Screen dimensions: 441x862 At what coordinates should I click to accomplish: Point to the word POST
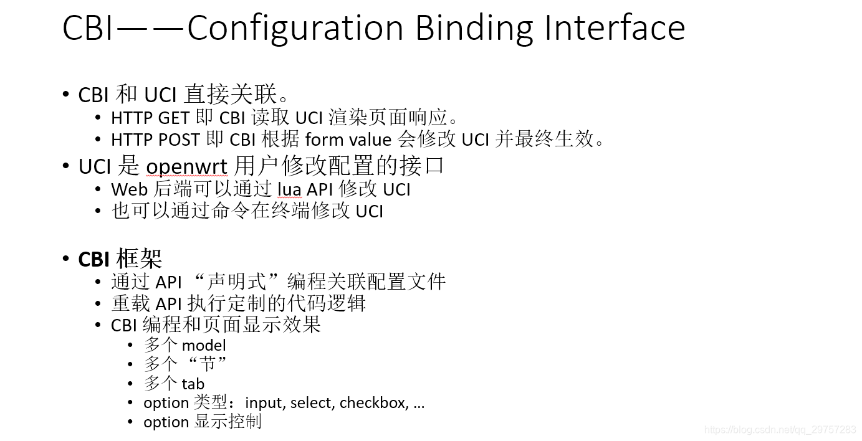click(x=179, y=140)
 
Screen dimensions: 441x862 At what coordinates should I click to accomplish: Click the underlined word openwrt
click(x=186, y=167)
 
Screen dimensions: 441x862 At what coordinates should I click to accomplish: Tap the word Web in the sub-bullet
click(x=130, y=189)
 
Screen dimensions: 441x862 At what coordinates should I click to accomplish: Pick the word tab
click(x=193, y=384)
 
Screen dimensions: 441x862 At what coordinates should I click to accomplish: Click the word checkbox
click(x=373, y=403)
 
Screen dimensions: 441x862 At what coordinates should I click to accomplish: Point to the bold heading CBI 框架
click(x=120, y=259)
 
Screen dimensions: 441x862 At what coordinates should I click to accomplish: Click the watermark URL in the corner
click(x=780, y=430)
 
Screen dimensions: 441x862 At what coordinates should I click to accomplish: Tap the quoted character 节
click(x=206, y=364)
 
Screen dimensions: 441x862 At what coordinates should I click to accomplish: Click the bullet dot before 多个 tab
click(x=130, y=384)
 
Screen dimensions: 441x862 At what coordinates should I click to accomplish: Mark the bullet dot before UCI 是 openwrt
click(x=66, y=166)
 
